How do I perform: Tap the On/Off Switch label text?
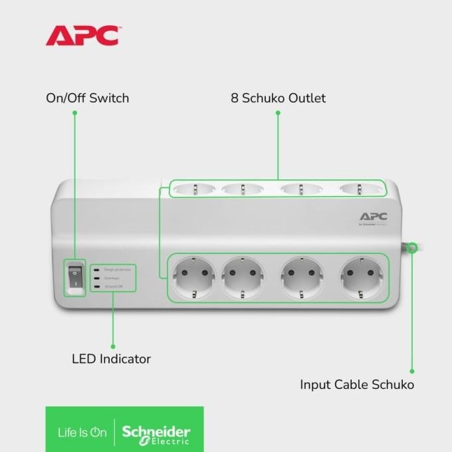coord(87,98)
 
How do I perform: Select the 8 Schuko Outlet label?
coord(278,98)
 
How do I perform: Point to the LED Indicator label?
coord(111,359)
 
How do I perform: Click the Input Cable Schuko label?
coord(357,385)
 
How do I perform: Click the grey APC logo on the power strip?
coord(373,217)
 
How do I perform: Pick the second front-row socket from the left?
coord(243,278)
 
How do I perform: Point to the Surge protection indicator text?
coord(118,269)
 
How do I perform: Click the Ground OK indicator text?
coord(115,286)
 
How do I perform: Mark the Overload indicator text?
coord(112,278)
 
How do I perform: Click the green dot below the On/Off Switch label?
coord(75,113)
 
